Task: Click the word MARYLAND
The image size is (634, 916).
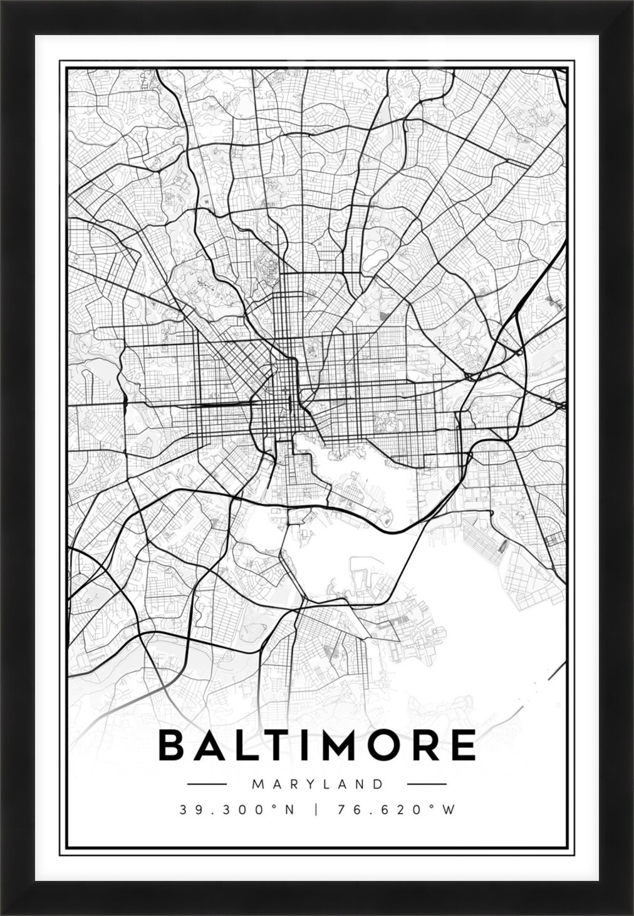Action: click(316, 784)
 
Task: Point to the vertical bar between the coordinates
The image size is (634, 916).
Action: click(316, 810)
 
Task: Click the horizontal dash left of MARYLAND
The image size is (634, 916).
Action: click(207, 784)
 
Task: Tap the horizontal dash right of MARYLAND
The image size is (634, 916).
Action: click(427, 784)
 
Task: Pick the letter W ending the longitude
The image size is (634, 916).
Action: click(446, 810)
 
